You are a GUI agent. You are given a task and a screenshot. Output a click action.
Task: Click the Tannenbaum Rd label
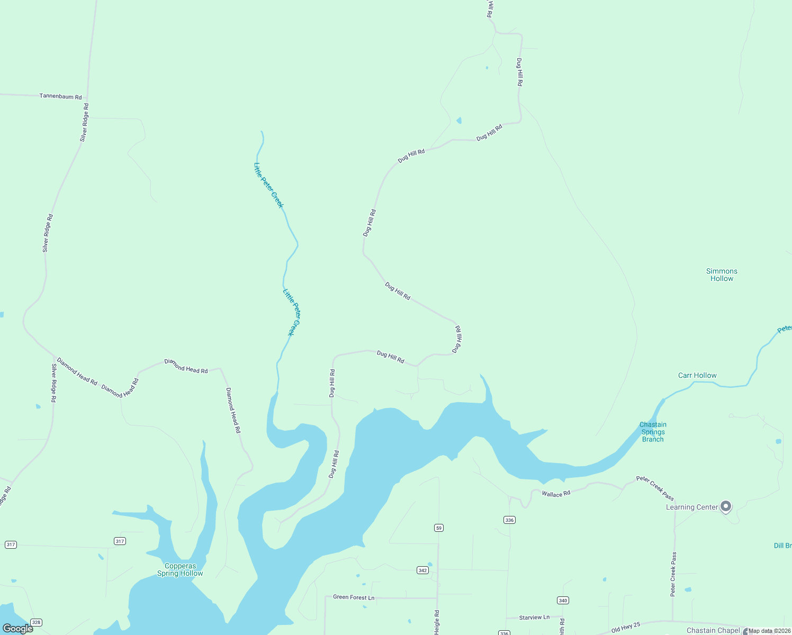click(61, 97)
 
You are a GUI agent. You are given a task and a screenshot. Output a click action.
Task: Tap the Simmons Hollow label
click(722, 275)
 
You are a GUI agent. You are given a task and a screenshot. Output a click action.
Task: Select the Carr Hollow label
click(697, 375)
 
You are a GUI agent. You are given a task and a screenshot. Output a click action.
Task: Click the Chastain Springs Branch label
click(653, 432)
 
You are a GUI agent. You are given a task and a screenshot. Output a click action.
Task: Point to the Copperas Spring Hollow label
click(180, 569)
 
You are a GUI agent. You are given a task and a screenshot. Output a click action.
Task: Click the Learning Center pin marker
click(726, 506)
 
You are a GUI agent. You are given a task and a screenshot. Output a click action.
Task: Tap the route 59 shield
click(438, 528)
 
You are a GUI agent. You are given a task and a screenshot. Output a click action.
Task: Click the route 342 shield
click(422, 570)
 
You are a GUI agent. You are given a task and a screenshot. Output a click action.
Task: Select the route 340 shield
click(563, 600)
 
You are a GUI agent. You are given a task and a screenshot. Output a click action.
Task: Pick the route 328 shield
click(36, 622)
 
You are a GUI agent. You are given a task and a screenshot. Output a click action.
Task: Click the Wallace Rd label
click(556, 494)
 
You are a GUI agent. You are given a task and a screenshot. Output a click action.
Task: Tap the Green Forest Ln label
click(354, 597)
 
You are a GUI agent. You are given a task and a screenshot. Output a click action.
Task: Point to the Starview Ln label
click(534, 618)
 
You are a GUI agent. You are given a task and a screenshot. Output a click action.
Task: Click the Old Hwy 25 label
click(626, 628)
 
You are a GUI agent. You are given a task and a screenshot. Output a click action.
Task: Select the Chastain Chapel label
click(713, 630)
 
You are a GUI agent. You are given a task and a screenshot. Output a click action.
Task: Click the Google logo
click(18, 629)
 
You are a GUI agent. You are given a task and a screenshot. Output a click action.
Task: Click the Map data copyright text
click(768, 631)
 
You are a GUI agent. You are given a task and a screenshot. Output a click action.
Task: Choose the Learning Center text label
click(691, 507)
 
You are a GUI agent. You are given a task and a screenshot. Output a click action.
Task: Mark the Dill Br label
click(782, 546)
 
